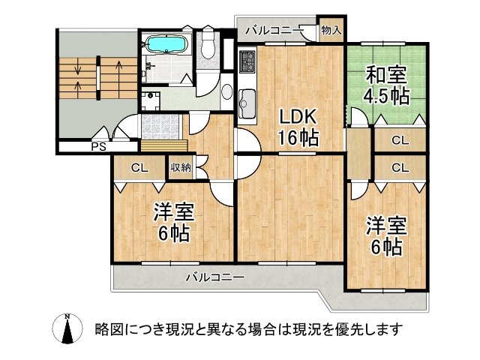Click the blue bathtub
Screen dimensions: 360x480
click(x=164, y=44)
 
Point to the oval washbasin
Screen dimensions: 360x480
click(x=226, y=92)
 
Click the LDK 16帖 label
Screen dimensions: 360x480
click(x=299, y=127)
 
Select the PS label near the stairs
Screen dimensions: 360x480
click(x=98, y=146)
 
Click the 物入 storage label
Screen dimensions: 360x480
click(x=331, y=30)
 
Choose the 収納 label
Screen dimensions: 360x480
click(x=180, y=167)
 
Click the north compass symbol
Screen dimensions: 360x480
click(x=67, y=328)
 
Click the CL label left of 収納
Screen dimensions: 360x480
click(x=139, y=167)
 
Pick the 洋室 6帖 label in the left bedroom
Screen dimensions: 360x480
click(x=174, y=222)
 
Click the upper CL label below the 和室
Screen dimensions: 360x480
click(x=400, y=139)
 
